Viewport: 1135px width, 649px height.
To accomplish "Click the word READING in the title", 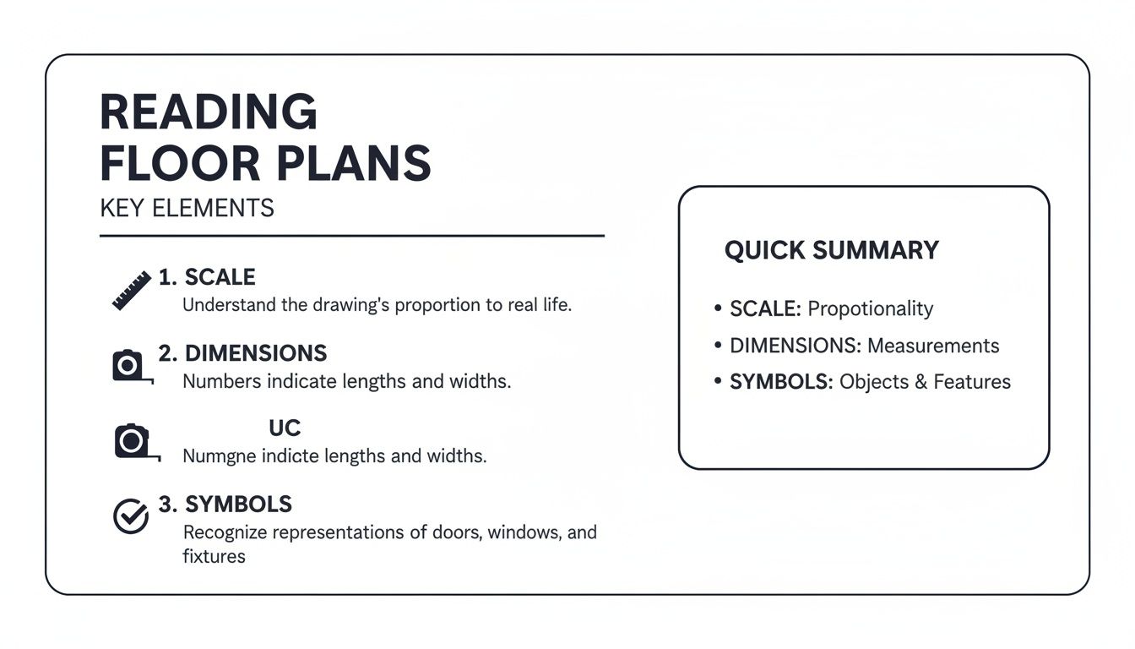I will (x=209, y=112).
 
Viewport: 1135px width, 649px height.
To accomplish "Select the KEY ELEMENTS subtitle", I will (x=187, y=208).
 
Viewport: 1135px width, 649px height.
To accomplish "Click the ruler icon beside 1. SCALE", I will (x=132, y=290).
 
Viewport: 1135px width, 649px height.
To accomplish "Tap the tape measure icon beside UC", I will (x=133, y=442).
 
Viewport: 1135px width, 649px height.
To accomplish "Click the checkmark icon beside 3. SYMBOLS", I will (x=131, y=516).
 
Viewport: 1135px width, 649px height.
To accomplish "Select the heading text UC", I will (x=285, y=428).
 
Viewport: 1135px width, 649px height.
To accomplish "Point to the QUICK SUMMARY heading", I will (x=831, y=250).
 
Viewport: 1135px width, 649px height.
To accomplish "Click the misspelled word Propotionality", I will (x=870, y=308).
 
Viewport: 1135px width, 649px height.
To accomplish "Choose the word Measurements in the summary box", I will (x=933, y=346).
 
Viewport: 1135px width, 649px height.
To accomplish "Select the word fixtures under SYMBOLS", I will (x=214, y=557).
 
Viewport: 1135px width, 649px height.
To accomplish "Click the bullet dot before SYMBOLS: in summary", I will (x=718, y=382).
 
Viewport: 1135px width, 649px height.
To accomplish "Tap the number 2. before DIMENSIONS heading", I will (x=168, y=352).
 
